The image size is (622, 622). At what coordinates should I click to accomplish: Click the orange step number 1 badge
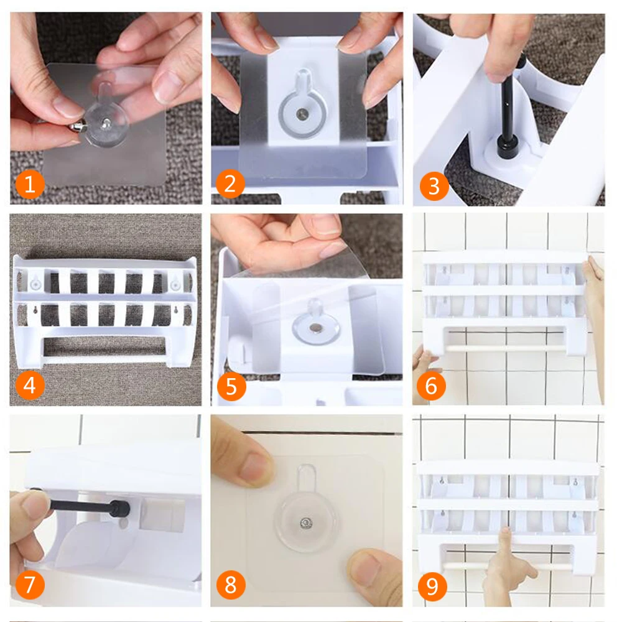(x=30, y=184)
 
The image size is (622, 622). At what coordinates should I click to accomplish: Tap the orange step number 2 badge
(x=230, y=183)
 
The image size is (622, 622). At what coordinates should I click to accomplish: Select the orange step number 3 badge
(x=434, y=186)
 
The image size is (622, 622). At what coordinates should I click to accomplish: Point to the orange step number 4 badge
(x=30, y=385)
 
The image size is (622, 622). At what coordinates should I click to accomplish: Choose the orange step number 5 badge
(x=231, y=386)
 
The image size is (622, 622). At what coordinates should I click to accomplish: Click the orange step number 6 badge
(x=431, y=386)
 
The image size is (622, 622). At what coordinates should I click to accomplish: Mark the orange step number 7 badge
(x=30, y=584)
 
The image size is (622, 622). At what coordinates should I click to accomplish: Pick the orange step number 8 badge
(x=231, y=585)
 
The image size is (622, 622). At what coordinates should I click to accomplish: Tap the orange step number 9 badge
(x=432, y=587)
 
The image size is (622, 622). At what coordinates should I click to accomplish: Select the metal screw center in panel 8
(x=306, y=523)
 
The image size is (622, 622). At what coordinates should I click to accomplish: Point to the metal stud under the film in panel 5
(x=316, y=328)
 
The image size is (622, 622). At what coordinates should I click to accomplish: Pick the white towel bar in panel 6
(x=506, y=349)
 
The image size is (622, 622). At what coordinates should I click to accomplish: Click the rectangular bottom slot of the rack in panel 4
(x=104, y=346)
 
